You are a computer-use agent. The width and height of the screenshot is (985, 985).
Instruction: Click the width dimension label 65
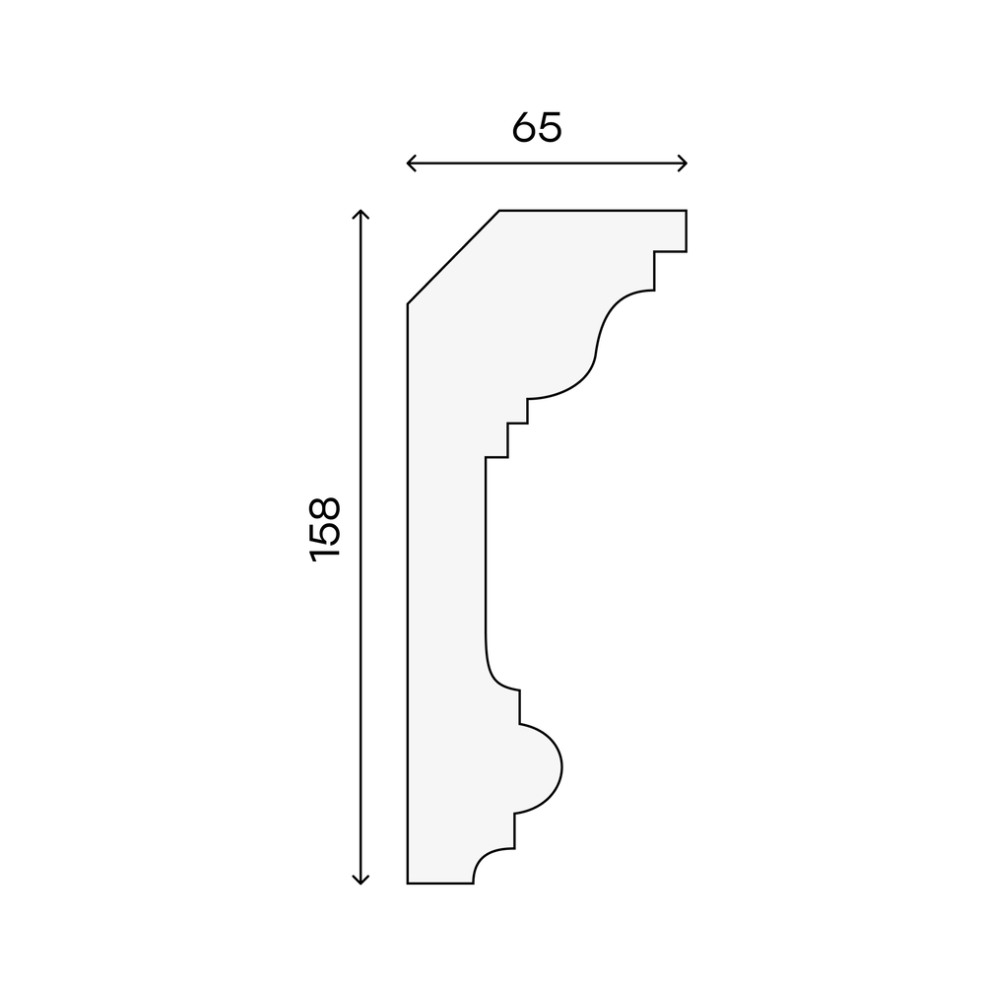coord(537,127)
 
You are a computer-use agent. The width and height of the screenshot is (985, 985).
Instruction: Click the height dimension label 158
coord(325,530)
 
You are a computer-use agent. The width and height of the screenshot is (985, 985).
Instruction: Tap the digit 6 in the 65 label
coord(524,127)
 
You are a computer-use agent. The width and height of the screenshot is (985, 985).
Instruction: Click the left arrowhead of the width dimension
coord(412,164)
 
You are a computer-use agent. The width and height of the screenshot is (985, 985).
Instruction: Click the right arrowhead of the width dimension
coord(683,164)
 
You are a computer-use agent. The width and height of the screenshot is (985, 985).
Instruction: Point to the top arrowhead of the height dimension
coord(360,214)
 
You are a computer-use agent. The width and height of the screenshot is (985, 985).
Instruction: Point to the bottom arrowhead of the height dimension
coord(360,880)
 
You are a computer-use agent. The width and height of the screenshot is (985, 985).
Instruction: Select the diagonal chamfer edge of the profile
coord(453,257)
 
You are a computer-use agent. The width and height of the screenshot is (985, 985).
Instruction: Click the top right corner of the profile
coord(686,211)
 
